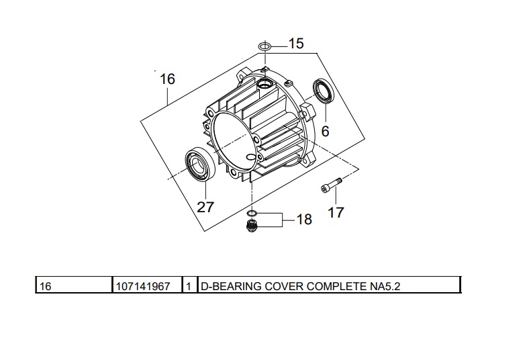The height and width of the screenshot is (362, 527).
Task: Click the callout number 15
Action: (x=296, y=44)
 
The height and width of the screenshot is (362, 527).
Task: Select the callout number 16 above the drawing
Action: (x=167, y=79)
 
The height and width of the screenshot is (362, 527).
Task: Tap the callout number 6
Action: (x=325, y=131)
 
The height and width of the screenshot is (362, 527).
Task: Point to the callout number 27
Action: (x=205, y=207)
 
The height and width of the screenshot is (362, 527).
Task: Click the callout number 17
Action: (x=336, y=212)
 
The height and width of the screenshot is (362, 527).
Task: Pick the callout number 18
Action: (x=304, y=220)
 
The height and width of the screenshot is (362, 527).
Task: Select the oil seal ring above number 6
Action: (x=324, y=92)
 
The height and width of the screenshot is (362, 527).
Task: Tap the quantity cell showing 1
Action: (x=189, y=286)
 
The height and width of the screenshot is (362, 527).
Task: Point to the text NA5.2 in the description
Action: (x=389, y=286)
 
